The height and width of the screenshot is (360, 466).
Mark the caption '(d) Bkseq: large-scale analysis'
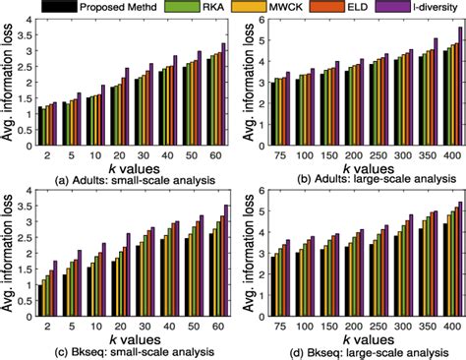[353, 351]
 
